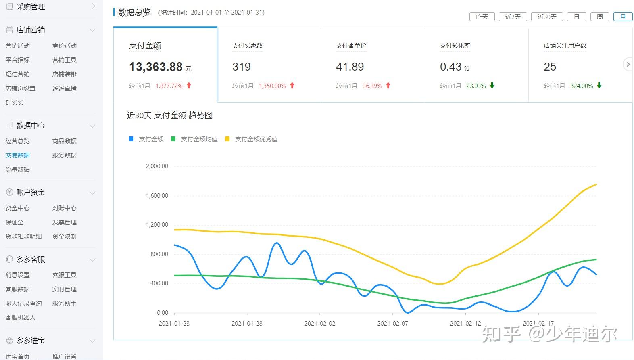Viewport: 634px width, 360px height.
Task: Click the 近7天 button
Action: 513,17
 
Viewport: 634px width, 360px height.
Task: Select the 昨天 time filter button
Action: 482,17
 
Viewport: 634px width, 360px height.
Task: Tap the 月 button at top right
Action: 623,17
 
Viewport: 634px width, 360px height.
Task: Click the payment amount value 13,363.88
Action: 156,67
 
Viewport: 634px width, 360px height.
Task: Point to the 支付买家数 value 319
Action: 242,67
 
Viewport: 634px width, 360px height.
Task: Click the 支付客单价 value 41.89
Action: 350,67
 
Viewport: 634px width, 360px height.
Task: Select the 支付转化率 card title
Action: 455,46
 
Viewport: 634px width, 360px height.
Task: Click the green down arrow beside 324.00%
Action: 599,86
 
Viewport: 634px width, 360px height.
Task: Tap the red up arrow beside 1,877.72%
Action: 189,86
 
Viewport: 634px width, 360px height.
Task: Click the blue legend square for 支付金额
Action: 131,139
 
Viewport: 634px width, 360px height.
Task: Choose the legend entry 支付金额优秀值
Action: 256,139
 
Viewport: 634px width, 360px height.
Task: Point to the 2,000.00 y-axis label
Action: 157,166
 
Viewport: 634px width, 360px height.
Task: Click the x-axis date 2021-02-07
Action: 392,324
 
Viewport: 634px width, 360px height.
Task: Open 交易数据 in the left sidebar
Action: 17,155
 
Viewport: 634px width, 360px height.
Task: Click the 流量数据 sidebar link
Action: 17,170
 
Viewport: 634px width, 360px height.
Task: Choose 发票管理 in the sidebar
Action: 64,222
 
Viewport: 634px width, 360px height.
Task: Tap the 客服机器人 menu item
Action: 20,318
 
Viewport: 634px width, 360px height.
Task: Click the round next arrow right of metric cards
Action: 628,64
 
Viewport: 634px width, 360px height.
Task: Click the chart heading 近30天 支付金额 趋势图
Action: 170,116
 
